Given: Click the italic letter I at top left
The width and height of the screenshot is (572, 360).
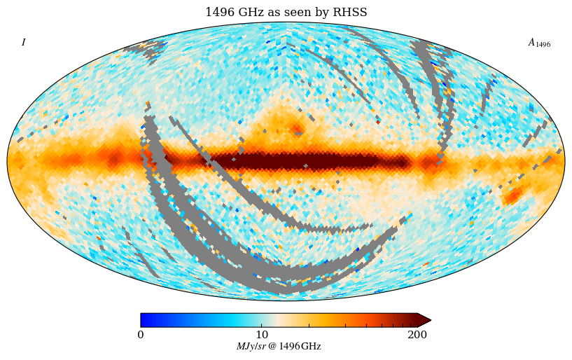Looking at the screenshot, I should [x=23, y=43].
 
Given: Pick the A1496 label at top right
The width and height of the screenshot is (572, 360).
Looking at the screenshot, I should [x=538, y=43].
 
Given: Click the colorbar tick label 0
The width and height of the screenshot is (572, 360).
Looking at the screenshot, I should [x=141, y=335].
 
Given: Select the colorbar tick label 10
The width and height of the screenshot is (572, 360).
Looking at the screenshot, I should [x=262, y=335].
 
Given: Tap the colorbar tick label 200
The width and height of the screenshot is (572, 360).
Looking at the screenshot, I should [x=417, y=335].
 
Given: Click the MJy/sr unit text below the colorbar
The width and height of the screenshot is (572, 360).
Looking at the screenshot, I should [x=251, y=347].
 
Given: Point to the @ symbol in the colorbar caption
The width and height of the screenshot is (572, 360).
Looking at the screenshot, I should [x=272, y=347].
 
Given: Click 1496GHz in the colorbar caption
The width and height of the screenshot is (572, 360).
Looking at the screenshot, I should [x=300, y=347].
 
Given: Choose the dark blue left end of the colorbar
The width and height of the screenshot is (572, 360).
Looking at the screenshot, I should [x=144, y=320].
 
